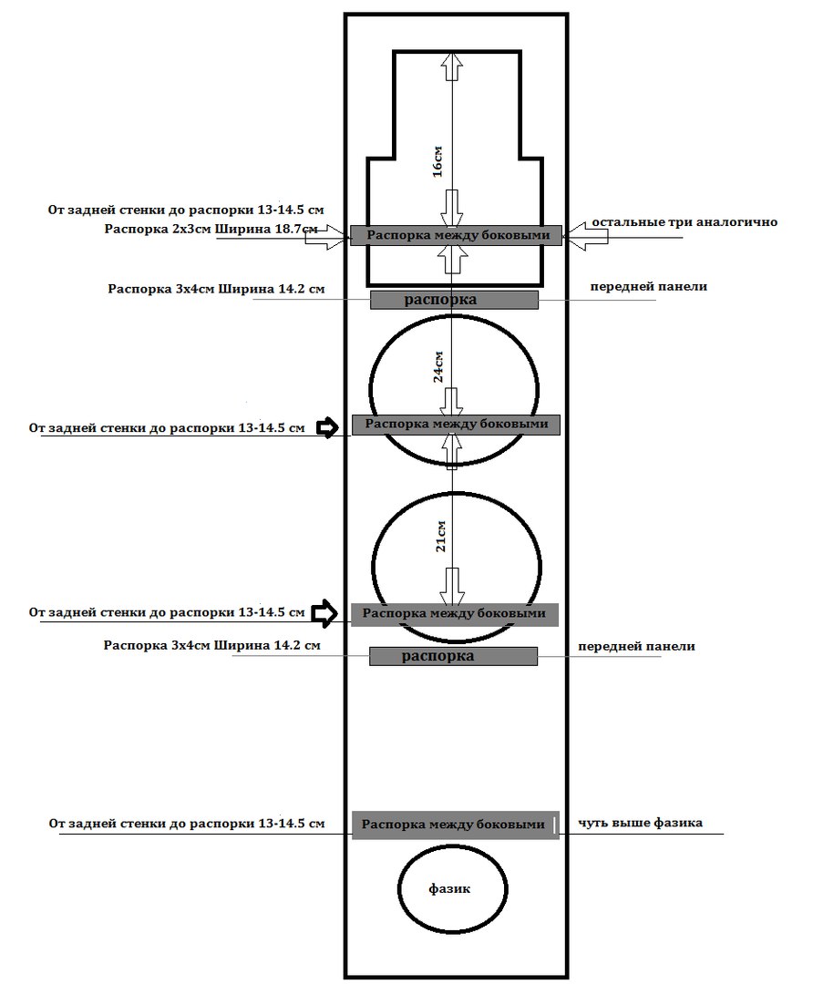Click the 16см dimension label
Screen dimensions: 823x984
(438, 161)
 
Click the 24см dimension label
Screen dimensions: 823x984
(438, 366)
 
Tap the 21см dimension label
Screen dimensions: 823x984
(441, 536)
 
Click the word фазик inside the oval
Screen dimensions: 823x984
(449, 888)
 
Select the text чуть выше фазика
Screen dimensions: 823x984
(640, 822)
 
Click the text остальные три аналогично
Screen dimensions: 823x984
(684, 222)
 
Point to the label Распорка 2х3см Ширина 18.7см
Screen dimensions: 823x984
(211, 229)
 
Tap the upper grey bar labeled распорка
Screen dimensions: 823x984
(454, 300)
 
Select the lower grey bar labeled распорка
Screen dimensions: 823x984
(453, 656)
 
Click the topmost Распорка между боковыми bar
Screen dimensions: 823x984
(456, 235)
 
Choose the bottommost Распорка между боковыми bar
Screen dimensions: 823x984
(455, 825)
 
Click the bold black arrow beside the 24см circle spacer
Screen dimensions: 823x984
(326, 428)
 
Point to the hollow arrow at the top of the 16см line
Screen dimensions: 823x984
(453, 66)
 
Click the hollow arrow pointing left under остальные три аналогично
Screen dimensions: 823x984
(585, 236)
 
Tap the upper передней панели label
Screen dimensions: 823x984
(649, 287)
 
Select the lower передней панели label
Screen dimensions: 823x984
(636, 646)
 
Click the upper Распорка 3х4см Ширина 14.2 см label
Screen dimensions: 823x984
(217, 290)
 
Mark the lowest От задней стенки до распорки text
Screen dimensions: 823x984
(187, 824)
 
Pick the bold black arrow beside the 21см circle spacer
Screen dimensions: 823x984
(325, 613)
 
